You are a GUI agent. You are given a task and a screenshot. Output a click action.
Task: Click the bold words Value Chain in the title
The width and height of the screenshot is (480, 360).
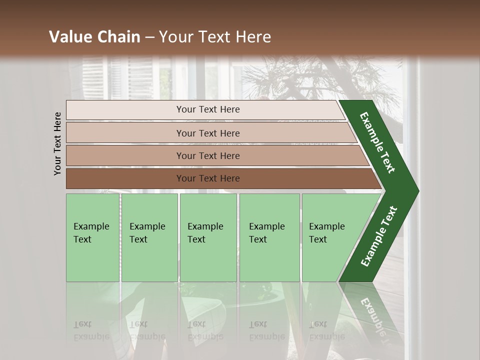pos(94,37)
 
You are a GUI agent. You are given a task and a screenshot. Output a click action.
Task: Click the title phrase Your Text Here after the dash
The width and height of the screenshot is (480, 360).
pos(215,37)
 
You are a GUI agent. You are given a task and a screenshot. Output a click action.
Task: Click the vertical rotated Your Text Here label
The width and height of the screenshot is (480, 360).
pos(57,143)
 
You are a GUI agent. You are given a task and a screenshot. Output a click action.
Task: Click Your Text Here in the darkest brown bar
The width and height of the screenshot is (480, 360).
pos(208,178)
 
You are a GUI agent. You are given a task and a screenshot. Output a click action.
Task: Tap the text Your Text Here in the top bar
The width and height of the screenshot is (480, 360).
pos(208,109)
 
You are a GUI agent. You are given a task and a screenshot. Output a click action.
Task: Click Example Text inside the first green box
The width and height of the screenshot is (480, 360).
pos(91,233)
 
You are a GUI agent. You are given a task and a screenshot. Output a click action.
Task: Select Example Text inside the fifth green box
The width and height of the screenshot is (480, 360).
pos(326,233)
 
